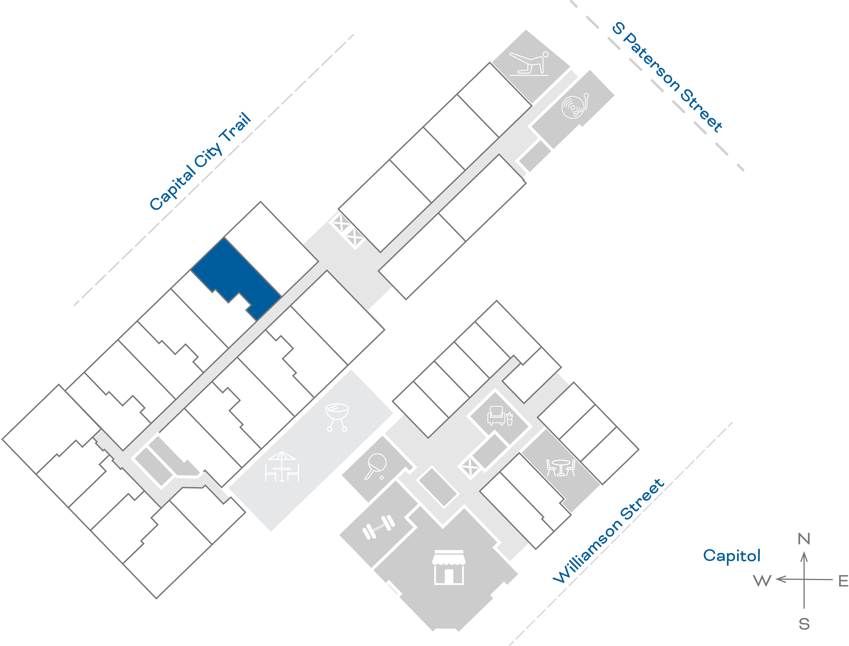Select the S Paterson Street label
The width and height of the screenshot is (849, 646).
pyautogui.click(x=667, y=77)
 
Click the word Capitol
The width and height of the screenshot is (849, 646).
pyautogui.click(x=731, y=556)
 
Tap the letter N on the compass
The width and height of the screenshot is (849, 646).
pyautogui.click(x=804, y=539)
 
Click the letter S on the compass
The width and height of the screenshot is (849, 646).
pyautogui.click(x=804, y=624)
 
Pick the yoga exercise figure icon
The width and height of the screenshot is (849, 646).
pyautogui.click(x=529, y=63)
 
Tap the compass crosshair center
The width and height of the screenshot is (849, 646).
pyautogui.click(x=804, y=579)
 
